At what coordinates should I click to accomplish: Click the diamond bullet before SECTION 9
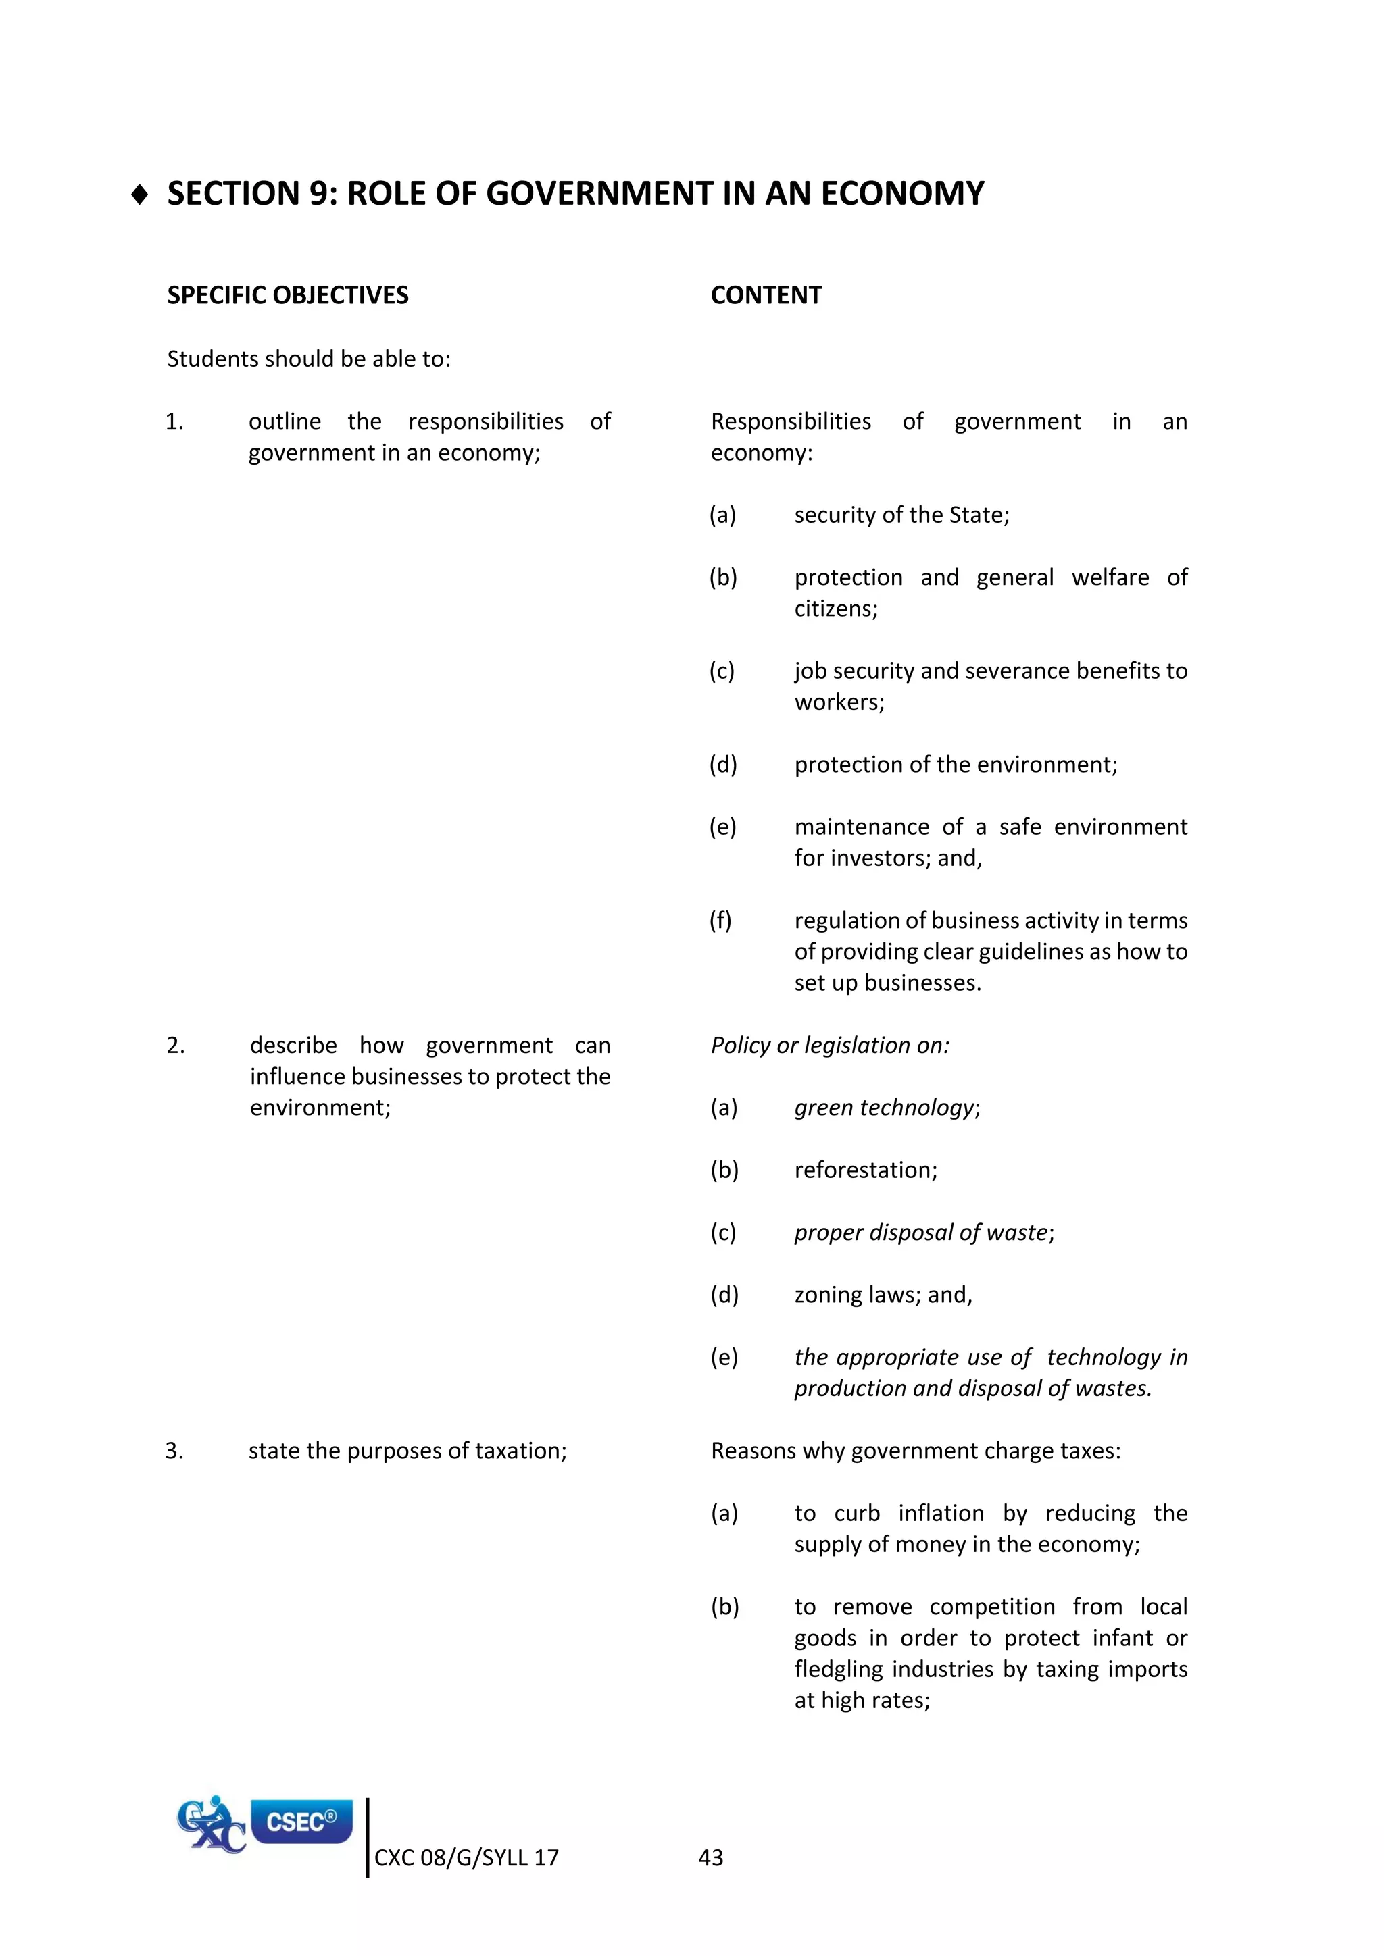141,195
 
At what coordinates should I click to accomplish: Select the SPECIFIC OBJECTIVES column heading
287,296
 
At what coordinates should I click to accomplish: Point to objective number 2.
176,1046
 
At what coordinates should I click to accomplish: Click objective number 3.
175,1451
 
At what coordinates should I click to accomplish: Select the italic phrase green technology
885,1108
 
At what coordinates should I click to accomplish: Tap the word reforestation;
865,1170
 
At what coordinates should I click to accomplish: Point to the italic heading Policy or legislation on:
829,1046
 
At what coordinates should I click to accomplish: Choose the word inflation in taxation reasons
940,1514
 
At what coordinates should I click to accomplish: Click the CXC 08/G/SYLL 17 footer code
466,1858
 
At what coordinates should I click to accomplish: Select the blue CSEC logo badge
301,1822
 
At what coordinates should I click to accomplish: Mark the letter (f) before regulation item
720,921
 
